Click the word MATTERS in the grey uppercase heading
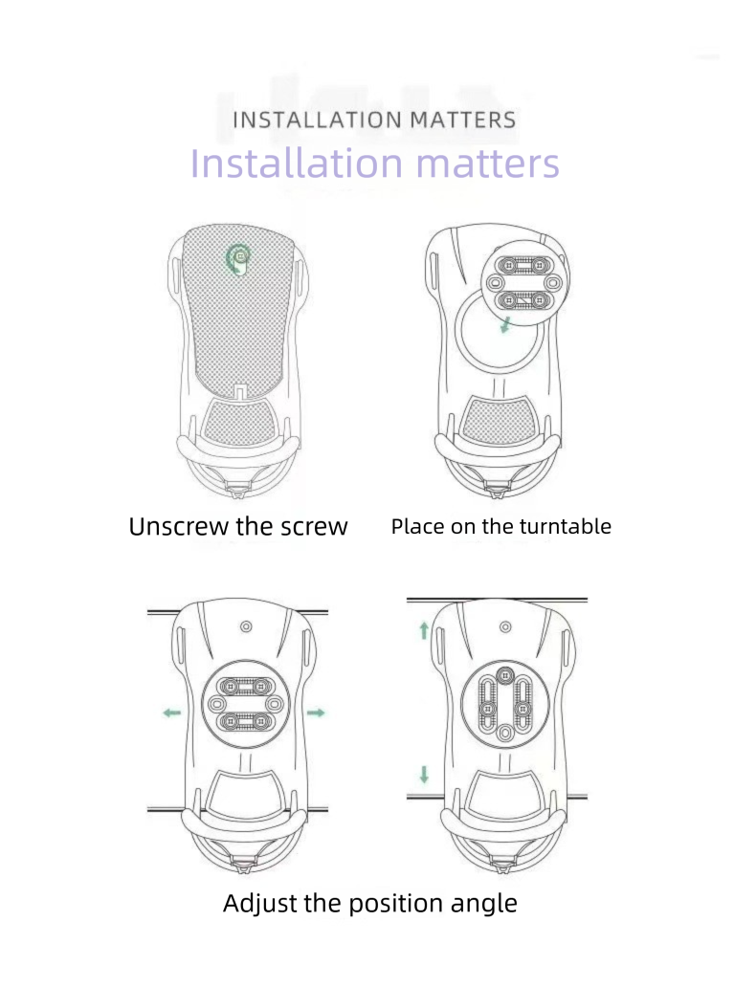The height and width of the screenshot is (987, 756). click(x=463, y=120)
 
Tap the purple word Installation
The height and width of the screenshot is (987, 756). click(x=296, y=163)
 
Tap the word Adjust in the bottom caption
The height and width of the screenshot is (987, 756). click(x=260, y=903)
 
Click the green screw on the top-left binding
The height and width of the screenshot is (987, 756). click(x=239, y=258)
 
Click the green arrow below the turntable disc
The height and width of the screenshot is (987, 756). click(x=505, y=325)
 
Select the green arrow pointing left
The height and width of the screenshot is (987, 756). click(x=171, y=713)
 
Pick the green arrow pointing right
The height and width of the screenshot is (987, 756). click(x=316, y=713)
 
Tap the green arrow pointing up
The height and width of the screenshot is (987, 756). click(x=424, y=630)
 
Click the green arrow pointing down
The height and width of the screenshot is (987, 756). click(x=424, y=775)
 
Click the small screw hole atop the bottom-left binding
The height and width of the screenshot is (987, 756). click(x=246, y=627)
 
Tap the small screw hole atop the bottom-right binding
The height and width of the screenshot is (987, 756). click(x=505, y=627)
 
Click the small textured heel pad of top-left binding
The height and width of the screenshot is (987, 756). click(x=239, y=421)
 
